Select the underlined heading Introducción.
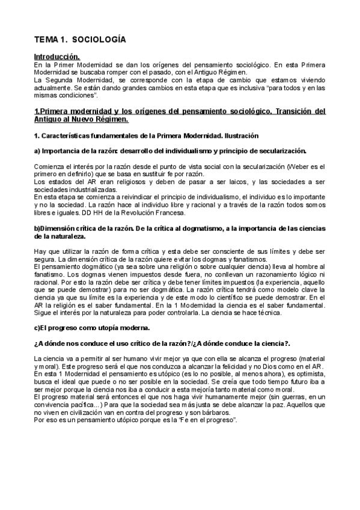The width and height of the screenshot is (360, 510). [56, 56]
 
